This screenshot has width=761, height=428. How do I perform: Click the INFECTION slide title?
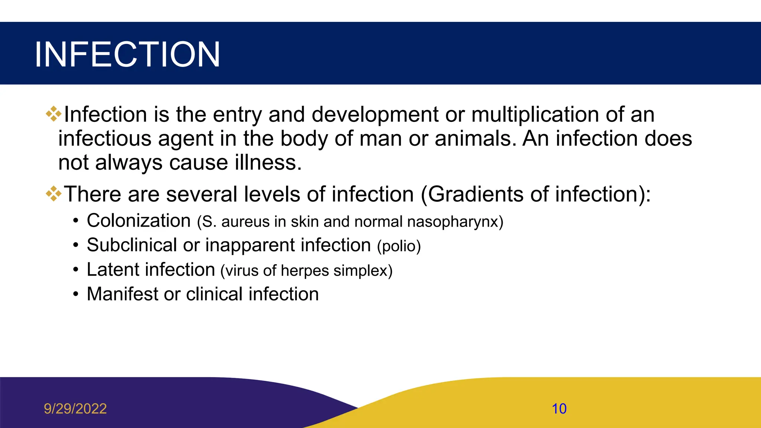tap(127, 55)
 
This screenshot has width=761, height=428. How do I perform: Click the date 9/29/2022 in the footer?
tap(75, 409)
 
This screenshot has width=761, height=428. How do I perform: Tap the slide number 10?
tap(559, 409)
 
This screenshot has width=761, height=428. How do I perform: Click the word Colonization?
tap(139, 221)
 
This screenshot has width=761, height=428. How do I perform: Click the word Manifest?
tap(122, 294)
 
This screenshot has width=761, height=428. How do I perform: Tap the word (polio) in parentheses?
tap(399, 246)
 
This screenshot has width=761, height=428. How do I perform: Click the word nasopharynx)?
tap(455, 222)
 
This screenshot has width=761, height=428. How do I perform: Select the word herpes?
tap(305, 271)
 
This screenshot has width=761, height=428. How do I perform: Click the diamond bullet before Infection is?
tap(54, 114)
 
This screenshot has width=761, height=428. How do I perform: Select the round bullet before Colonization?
tap(76, 221)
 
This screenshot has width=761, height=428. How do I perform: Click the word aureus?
tap(245, 222)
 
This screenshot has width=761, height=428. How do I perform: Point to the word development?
tap(375, 114)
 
